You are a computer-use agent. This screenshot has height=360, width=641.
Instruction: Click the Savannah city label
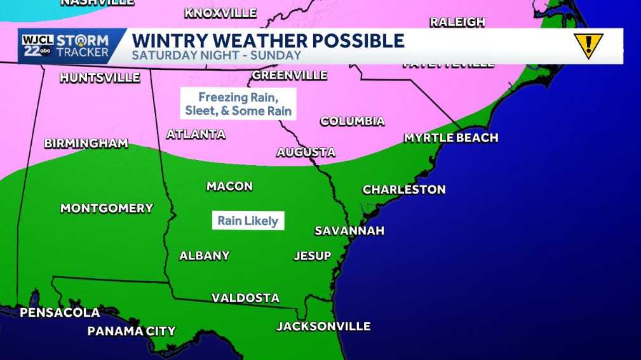[349, 230]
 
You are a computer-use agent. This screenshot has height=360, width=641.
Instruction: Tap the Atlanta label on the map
[196, 134]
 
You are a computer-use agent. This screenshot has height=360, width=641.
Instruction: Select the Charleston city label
[404, 189]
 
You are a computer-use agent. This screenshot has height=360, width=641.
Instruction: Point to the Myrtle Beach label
[451, 138]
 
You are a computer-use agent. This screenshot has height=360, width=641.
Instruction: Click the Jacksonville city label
[323, 326]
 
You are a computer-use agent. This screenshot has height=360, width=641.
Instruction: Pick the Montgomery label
[107, 208]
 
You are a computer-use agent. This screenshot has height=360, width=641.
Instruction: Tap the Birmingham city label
[86, 143]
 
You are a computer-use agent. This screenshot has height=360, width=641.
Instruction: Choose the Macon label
[229, 186]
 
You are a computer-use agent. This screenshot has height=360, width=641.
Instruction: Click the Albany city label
[205, 256]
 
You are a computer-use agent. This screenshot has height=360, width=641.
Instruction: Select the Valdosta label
[245, 298]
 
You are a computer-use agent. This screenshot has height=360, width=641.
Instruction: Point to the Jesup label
[313, 256]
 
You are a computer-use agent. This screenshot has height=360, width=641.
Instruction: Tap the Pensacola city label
[60, 312]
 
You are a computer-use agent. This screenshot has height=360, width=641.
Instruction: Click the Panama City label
[132, 331]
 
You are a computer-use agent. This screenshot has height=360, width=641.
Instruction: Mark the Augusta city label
[306, 152]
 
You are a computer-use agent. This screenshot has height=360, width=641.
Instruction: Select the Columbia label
[352, 121]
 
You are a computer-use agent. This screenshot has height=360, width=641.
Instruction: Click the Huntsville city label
[100, 77]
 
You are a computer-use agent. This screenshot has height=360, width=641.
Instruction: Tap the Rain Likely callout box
[248, 221]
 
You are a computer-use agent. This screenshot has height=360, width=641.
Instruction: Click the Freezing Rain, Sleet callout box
[238, 103]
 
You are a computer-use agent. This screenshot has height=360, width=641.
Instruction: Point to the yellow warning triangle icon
[588, 46]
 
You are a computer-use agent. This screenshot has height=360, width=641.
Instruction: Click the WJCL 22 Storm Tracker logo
[65, 46]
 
